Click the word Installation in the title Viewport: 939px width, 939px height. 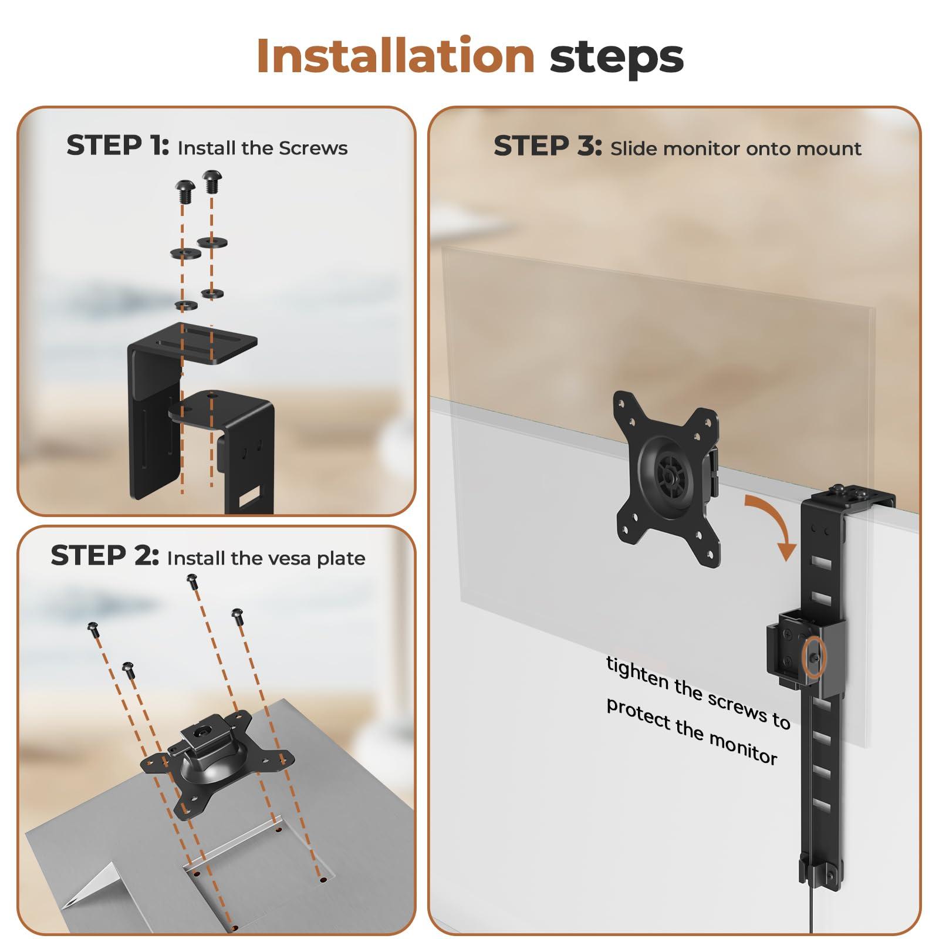click(395, 56)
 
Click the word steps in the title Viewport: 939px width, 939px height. click(616, 58)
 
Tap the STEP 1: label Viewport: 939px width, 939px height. click(117, 146)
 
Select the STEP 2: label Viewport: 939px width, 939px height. click(104, 556)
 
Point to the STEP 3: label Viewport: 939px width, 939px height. click(547, 147)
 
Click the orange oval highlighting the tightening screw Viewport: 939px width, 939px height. click(816, 659)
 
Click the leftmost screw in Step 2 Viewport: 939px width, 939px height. click(93, 628)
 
